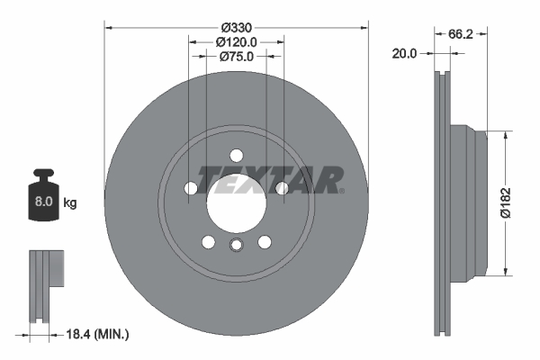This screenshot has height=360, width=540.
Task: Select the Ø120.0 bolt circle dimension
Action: click(x=237, y=41)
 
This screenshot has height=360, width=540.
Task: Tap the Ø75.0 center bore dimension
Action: click(x=237, y=56)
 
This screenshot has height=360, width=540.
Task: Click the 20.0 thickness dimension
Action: click(x=405, y=54)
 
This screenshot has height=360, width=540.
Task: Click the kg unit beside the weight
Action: click(x=70, y=203)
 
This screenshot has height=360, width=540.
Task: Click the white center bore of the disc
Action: click(x=237, y=200)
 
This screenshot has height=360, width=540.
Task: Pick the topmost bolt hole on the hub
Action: click(x=237, y=154)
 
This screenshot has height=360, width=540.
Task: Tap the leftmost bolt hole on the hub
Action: click(x=191, y=188)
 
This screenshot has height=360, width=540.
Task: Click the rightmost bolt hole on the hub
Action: click(x=283, y=188)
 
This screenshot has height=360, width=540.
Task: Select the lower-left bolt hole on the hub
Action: click(x=209, y=241)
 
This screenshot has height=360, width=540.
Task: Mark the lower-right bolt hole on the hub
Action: click(x=265, y=241)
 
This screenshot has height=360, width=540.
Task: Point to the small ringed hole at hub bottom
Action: click(x=237, y=247)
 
